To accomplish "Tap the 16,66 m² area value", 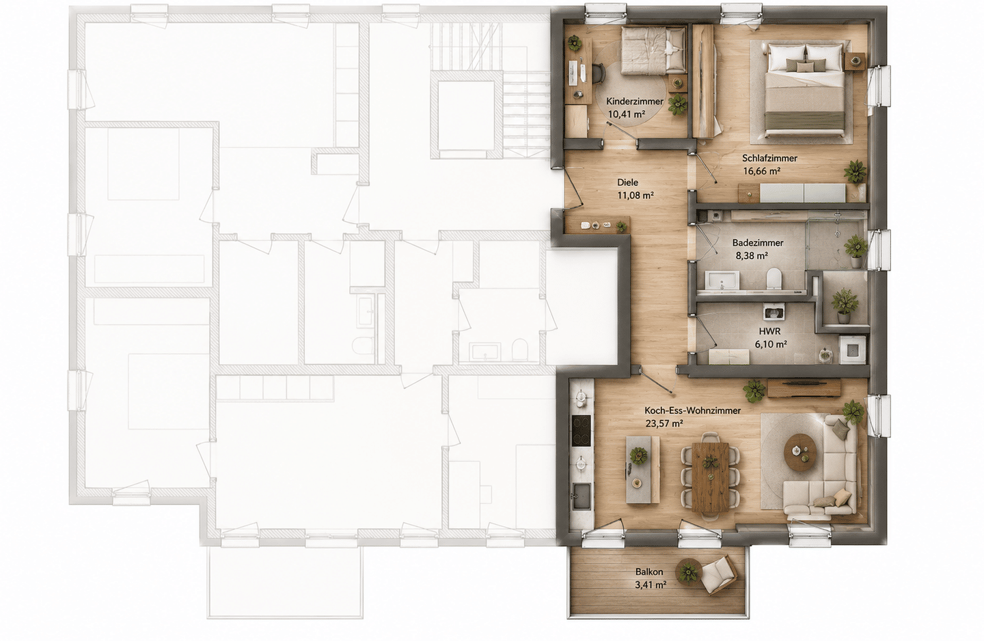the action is point(762,171).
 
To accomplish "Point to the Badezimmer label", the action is point(752,243).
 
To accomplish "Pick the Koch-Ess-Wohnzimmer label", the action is point(693,410).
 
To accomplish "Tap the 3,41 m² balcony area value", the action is point(651,585).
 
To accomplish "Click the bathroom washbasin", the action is point(722,280).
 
